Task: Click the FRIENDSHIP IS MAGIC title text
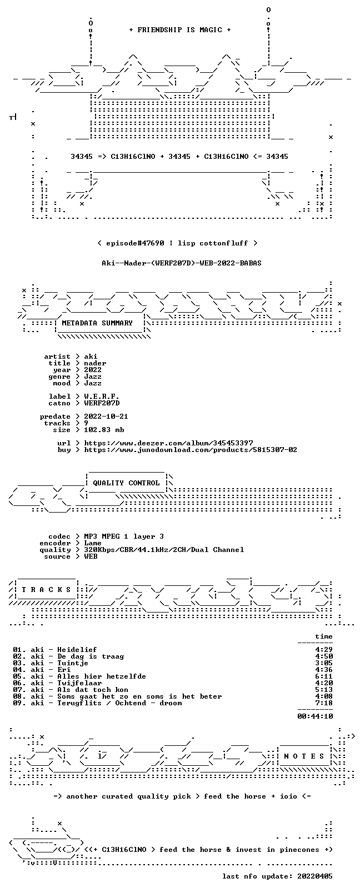[x=180, y=30]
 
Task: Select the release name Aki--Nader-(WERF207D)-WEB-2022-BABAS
[x=182, y=263]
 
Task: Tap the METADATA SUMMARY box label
[x=97, y=323]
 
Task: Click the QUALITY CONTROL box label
[x=126, y=483]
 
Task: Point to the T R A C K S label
[x=46, y=590]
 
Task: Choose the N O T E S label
[x=304, y=756]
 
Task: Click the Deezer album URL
[x=169, y=443]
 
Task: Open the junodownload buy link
[x=191, y=450]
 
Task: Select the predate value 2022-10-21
[x=106, y=416]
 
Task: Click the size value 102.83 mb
[x=104, y=430]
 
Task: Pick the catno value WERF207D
[x=102, y=403]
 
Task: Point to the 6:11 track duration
[x=324, y=676]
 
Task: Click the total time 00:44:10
[x=315, y=716]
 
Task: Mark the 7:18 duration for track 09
[x=324, y=703]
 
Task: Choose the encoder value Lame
[x=93, y=543]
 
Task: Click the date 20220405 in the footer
[x=315, y=876]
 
